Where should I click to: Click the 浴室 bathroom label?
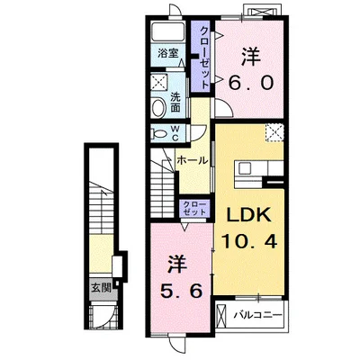168,53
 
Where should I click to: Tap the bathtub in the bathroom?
168,31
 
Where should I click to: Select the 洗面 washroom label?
175,102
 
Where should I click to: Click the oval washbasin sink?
158,108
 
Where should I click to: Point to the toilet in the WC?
157,133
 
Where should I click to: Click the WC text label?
175,133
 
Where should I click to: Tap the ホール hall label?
192,160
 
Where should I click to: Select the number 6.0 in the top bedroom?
251,82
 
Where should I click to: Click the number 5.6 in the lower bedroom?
181,291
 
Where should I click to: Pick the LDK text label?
248,214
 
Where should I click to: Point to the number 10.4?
249,241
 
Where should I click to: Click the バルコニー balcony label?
258,315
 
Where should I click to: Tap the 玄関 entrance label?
101,288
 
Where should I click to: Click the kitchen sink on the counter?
245,168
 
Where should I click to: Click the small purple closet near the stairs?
194,208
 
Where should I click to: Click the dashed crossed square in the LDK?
274,132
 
